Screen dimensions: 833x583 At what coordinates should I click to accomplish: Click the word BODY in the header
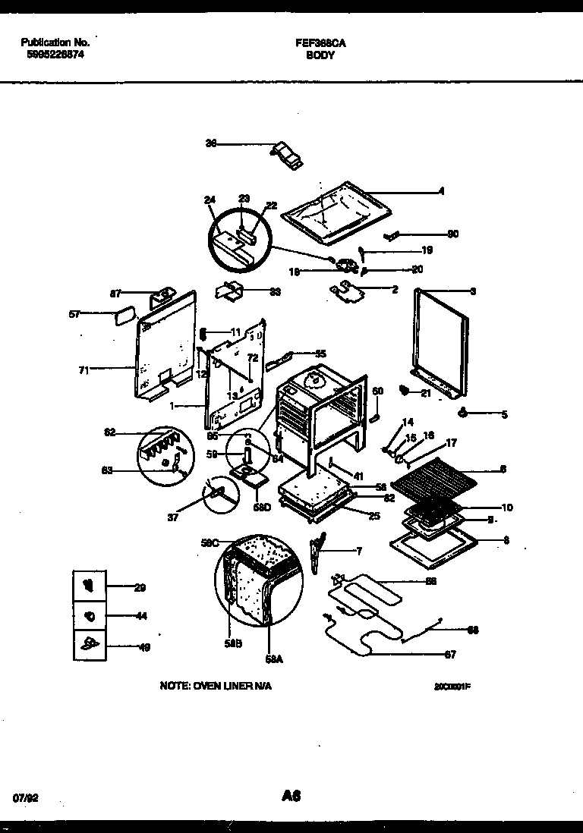pyautogui.click(x=321, y=55)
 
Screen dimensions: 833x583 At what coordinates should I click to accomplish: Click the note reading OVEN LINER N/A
pyautogui.click(x=216, y=685)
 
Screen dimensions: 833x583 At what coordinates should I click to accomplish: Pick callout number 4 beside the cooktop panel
pyautogui.click(x=442, y=192)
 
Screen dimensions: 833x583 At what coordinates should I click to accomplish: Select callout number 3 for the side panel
pyautogui.click(x=473, y=291)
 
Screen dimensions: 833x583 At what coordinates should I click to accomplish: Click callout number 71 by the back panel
pyautogui.click(x=84, y=370)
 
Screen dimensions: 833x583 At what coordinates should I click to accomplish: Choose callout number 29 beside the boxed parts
pyautogui.click(x=140, y=587)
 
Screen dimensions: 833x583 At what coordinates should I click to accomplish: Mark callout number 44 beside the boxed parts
pyautogui.click(x=140, y=616)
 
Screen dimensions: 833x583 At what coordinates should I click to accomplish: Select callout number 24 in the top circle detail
pyautogui.click(x=210, y=200)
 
